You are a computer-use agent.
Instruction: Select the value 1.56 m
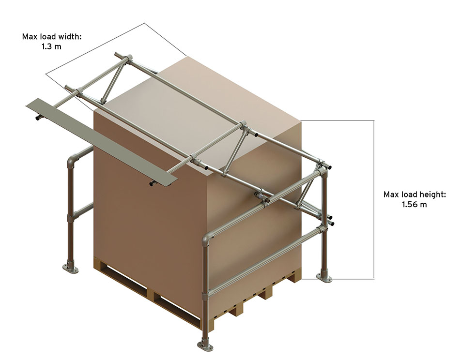pyautogui.click(x=414, y=205)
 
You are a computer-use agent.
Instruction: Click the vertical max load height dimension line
pyautogui.click(x=374, y=198)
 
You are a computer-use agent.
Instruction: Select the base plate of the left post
pyautogui.click(x=70, y=268)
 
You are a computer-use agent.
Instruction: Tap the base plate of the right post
pyautogui.click(x=324, y=277)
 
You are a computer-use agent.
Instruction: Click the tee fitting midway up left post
pyautogui.click(x=71, y=213)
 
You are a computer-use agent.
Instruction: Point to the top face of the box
pyautogui.click(x=203, y=111)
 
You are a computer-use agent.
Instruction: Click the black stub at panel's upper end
pyautogui.click(x=38, y=117)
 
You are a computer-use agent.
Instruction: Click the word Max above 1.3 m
pyautogui.click(x=30, y=36)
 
